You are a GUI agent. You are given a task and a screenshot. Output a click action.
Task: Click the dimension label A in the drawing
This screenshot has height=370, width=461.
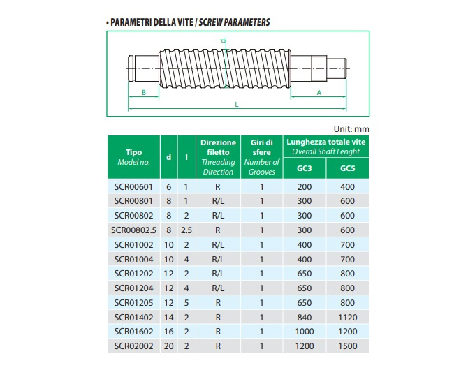pos(319,91)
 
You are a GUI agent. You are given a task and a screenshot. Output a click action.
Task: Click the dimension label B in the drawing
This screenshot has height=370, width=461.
pos(143,91)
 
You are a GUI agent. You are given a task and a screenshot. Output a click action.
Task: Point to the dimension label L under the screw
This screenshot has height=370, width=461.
pos(237,104)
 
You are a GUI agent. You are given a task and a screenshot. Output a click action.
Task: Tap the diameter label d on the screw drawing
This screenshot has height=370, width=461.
pos(223,43)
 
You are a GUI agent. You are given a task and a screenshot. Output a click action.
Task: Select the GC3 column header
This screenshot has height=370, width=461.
pos(305,168)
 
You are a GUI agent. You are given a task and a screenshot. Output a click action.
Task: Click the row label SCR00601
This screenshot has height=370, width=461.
pos(133,187)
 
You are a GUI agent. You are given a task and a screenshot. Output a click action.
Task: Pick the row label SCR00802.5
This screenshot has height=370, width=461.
pos(133,230)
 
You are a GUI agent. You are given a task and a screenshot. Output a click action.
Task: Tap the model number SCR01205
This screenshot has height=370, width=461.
pos(133,302)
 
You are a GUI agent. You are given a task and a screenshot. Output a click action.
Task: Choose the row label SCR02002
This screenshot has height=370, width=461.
pos(133,346)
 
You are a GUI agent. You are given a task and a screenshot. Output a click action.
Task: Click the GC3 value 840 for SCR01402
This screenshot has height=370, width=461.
pos(305,317)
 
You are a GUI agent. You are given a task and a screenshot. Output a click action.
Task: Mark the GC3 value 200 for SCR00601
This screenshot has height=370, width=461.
pos(305,187)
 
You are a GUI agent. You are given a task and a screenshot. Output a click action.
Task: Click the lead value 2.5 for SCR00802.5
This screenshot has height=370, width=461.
pos(186,230)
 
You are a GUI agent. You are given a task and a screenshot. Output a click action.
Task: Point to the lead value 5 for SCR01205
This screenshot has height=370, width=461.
pos(186,302)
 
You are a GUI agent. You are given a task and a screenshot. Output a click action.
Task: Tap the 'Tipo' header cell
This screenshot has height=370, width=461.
pos(133,152)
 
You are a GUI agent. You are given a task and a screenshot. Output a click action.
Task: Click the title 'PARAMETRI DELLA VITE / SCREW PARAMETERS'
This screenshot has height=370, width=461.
pos(188,22)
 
